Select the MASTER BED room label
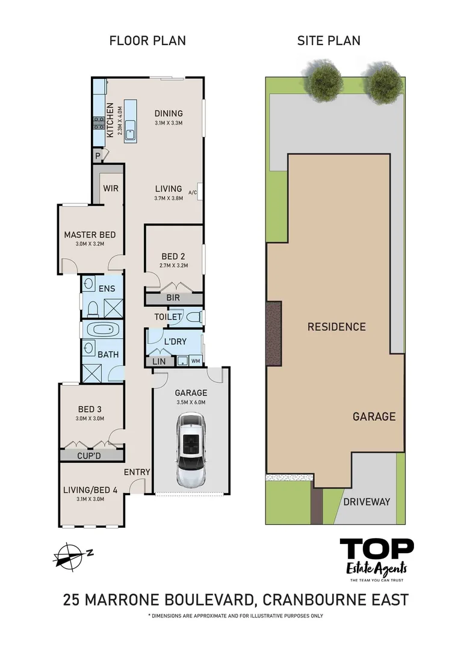pos(90,235)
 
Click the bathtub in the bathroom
pos(103,330)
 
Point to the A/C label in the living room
pos(193,193)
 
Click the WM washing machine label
pos(196,361)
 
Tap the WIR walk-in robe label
pos(111,188)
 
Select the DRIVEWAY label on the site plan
pos(366,501)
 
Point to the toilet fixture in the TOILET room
pos(194,317)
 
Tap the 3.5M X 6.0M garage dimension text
pos(190,403)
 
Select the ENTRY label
pos(137,472)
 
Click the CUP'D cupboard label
pos(91,456)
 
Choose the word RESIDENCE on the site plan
pos(336,327)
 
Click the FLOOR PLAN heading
pos(147,41)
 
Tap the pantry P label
pos(97,156)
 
